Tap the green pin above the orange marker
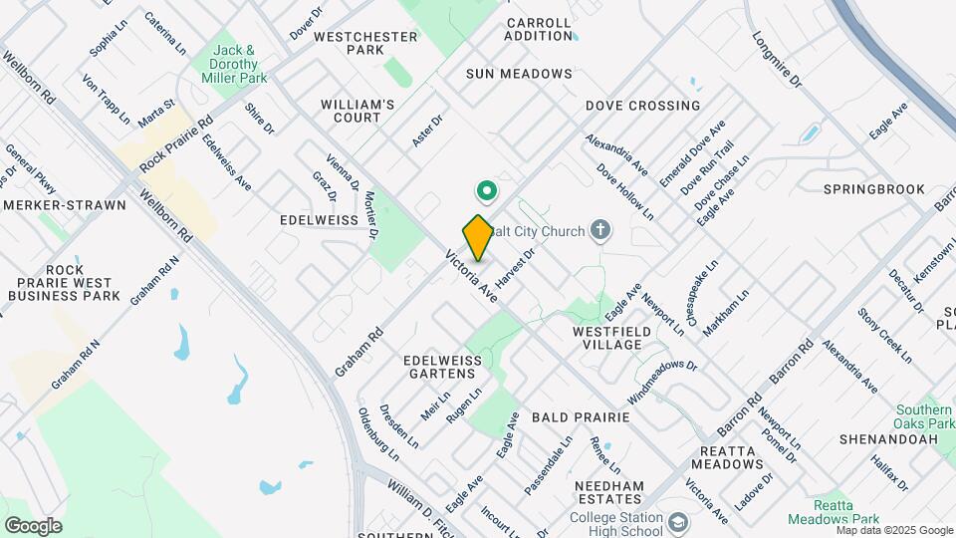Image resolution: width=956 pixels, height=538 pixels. point(487,188)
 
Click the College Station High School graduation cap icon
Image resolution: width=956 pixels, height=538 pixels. point(678,522)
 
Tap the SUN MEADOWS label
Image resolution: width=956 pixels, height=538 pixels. point(519,74)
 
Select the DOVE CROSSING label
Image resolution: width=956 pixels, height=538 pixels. point(642,106)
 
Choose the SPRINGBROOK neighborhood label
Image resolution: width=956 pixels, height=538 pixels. point(874,189)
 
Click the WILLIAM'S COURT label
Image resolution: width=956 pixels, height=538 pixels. point(358,111)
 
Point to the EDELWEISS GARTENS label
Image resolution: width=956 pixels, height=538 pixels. point(440,366)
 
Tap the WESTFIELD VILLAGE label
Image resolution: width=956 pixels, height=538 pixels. point(606,337)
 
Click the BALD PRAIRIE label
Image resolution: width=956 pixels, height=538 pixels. point(580,417)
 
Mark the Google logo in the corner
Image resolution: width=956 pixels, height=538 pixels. point(33,525)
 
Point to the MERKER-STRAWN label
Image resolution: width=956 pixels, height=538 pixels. point(65,205)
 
